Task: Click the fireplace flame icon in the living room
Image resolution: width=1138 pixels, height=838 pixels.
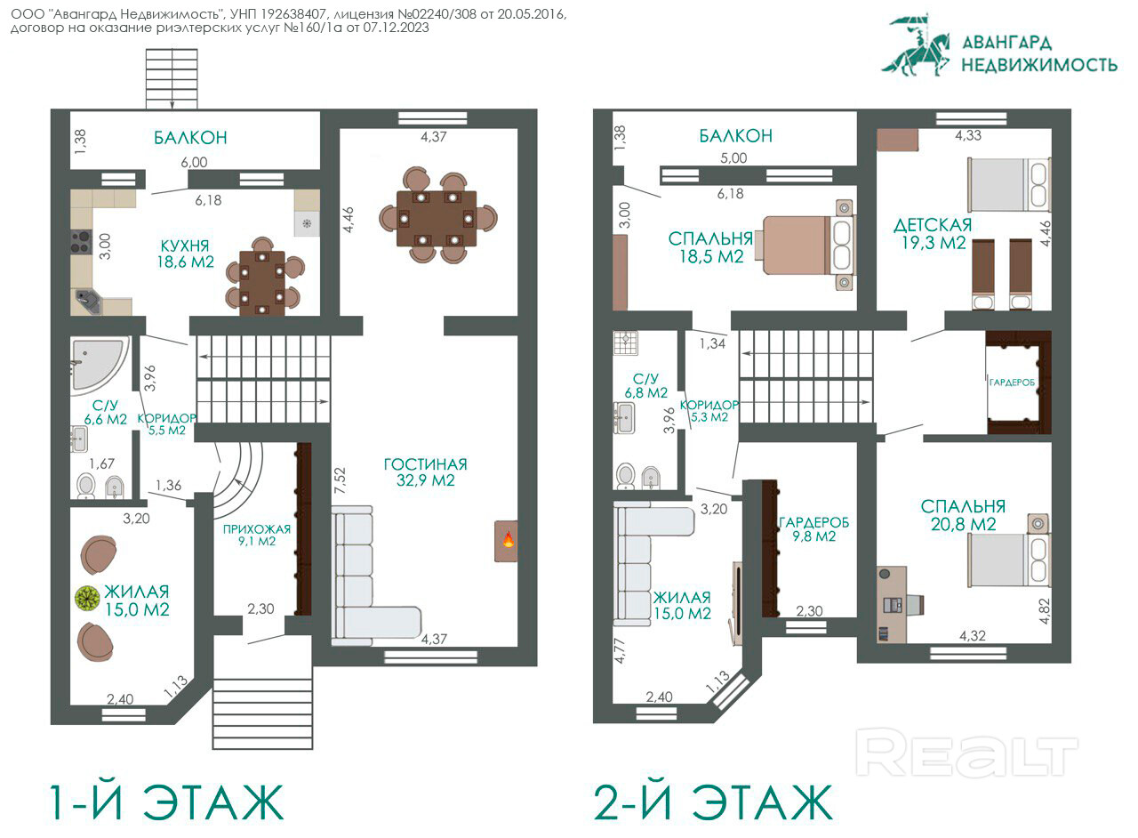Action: click(508, 539)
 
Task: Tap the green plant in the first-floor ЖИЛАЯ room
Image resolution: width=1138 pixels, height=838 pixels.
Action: click(88, 598)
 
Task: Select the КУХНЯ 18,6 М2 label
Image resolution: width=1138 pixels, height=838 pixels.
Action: click(185, 254)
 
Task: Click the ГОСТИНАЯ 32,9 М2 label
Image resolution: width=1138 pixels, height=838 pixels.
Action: click(425, 471)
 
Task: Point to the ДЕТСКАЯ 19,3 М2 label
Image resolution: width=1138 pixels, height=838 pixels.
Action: click(933, 234)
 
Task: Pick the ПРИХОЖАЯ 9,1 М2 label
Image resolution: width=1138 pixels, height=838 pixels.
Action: click(257, 535)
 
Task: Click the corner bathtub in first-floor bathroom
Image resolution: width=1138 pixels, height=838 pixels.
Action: click(98, 365)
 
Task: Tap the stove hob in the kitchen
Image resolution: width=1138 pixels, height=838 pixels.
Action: click(81, 242)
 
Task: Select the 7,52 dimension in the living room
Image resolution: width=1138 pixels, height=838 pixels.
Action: click(340, 480)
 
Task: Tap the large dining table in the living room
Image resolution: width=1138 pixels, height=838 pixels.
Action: click(437, 219)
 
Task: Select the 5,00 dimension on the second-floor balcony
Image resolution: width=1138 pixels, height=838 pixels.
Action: click(733, 157)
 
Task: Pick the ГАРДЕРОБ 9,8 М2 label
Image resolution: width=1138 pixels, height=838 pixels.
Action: click(813, 529)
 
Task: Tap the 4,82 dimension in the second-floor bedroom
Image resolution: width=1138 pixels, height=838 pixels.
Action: click(1045, 611)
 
